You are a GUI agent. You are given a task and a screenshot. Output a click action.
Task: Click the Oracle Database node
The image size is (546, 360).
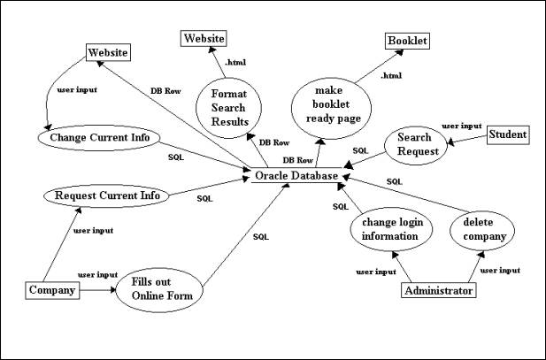(296, 176)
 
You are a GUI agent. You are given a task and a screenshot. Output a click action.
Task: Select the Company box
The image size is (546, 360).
(50, 289)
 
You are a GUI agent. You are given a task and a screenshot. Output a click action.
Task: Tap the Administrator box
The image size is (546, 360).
(438, 289)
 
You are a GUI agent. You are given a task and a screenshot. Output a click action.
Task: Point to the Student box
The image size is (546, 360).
(508, 134)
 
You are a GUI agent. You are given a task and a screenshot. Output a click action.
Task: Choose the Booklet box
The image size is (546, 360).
(407, 41)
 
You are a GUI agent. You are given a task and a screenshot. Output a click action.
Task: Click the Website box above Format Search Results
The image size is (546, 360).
(204, 38)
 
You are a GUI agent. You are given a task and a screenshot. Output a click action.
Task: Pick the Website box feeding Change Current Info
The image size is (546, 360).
(107, 53)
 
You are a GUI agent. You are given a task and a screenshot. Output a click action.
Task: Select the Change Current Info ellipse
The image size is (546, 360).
(104, 138)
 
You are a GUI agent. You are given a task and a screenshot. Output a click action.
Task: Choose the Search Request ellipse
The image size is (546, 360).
(413, 145)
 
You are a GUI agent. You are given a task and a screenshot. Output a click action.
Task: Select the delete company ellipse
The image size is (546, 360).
(484, 229)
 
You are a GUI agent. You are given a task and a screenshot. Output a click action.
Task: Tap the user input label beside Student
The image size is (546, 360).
(461, 126)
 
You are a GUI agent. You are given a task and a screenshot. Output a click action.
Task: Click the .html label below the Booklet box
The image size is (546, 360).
(390, 76)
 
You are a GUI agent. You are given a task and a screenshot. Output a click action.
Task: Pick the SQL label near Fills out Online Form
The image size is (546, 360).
(260, 236)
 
